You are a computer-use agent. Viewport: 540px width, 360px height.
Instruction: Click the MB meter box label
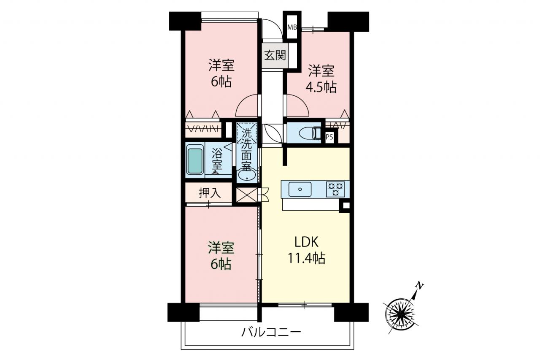[x=292, y=27]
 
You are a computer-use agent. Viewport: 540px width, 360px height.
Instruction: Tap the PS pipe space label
[x=329, y=137]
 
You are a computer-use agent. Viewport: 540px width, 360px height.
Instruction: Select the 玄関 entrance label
[x=275, y=55]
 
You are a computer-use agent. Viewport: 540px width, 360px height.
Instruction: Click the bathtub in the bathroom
[x=195, y=161]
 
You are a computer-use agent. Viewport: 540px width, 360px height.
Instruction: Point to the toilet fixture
[x=310, y=133]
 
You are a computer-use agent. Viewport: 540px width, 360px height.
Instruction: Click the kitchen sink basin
[x=300, y=189]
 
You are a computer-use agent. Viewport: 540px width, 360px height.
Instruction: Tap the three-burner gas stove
[x=335, y=189]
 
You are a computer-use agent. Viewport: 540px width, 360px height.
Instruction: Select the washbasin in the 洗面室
[x=247, y=176]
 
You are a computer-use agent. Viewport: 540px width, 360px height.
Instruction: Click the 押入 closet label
[x=210, y=193]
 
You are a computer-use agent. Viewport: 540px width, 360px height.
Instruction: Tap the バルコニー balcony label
[x=271, y=333]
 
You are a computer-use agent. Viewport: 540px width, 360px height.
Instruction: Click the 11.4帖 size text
[x=306, y=258]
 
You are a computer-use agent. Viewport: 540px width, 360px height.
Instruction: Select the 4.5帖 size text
[x=321, y=87]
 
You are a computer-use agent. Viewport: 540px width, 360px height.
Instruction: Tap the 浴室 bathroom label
[x=217, y=160]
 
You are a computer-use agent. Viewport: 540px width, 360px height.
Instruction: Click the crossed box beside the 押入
[x=247, y=195]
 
